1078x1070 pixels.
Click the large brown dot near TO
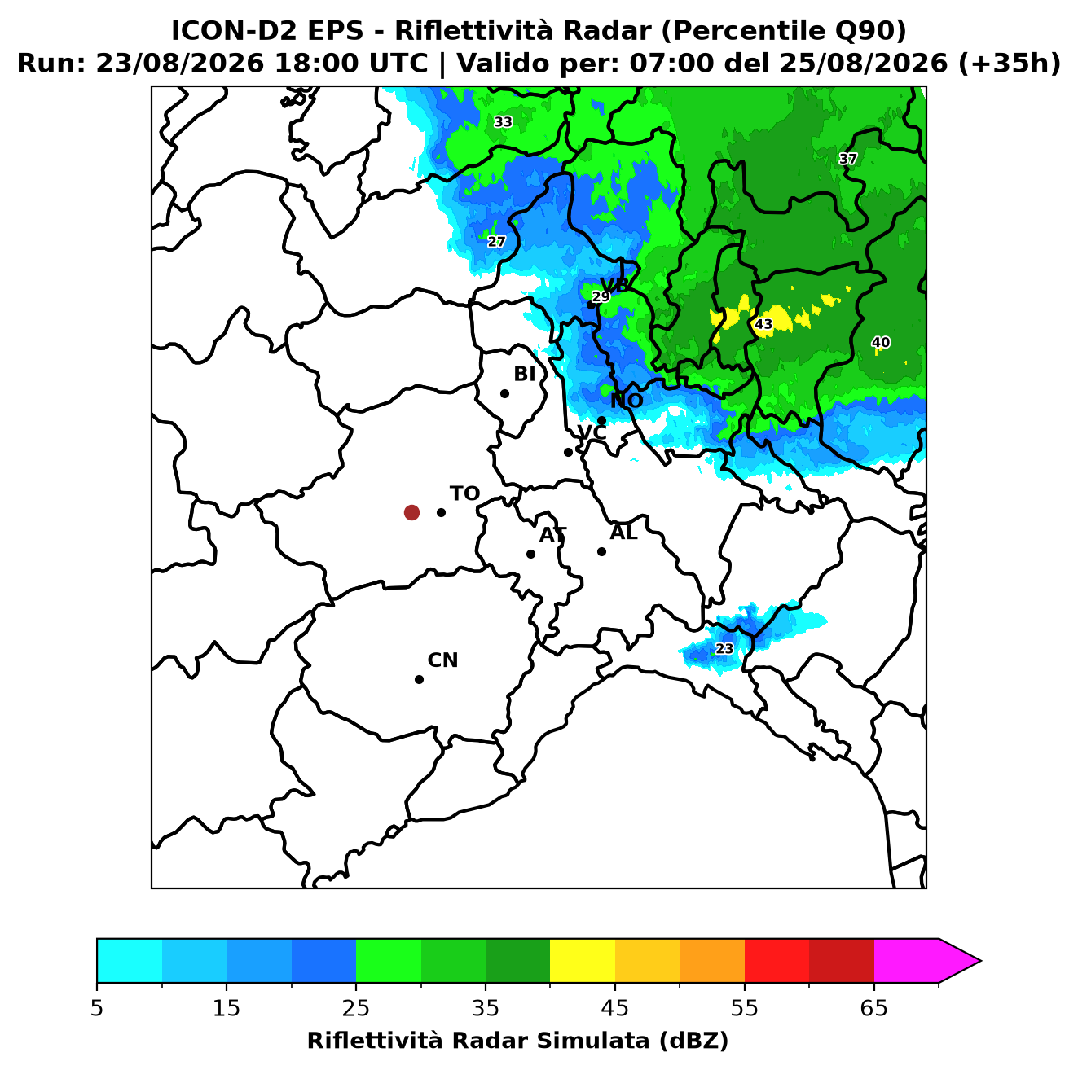pos(411,512)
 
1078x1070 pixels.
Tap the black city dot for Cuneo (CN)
pos(419,680)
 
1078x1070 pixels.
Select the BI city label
pos(525,375)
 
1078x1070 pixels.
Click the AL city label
pos(624,533)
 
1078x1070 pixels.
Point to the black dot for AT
pos(531,555)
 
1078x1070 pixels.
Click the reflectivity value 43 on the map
pos(763,324)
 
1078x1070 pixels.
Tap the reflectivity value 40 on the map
pos(881,342)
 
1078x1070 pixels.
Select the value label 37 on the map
pos(848,159)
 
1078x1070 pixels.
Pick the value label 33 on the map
pos(503,122)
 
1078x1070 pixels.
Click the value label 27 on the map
pos(496,242)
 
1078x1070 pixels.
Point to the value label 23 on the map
pos(724,649)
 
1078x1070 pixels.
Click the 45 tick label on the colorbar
pos(615,1008)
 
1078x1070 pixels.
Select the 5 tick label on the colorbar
pos(97,1008)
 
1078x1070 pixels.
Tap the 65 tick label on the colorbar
pos(873,1008)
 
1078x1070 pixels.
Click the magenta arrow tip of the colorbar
pos(981,961)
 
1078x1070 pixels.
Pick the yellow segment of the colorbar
pos(583,961)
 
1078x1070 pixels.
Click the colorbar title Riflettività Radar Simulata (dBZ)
pos(518,1041)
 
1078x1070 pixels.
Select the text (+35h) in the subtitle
pos(1010,64)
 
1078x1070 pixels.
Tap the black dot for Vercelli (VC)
pos(569,452)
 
